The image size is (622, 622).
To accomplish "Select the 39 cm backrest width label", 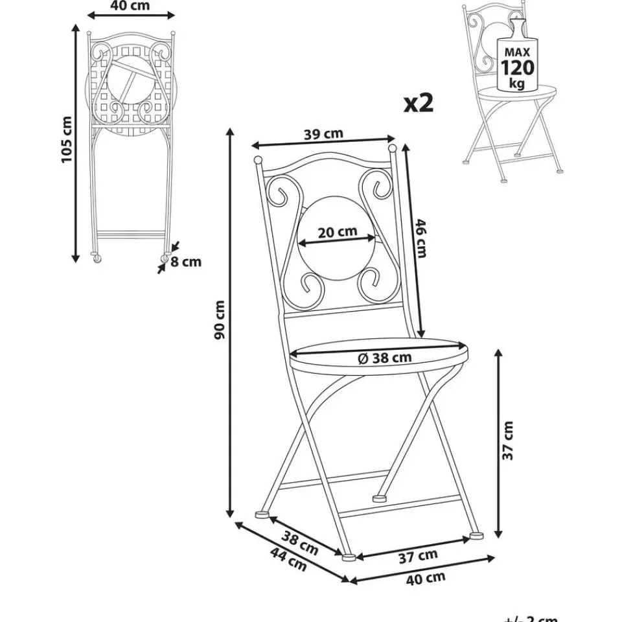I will pyautogui.click(x=323, y=134).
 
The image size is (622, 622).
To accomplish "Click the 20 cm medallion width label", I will pyautogui.click(x=338, y=231).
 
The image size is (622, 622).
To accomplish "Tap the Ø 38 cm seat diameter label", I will pyautogui.click(x=384, y=357).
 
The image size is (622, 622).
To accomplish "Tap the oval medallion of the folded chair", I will pyautogui.click(x=130, y=81).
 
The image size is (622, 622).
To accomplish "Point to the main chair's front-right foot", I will pyautogui.click(x=476, y=536).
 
